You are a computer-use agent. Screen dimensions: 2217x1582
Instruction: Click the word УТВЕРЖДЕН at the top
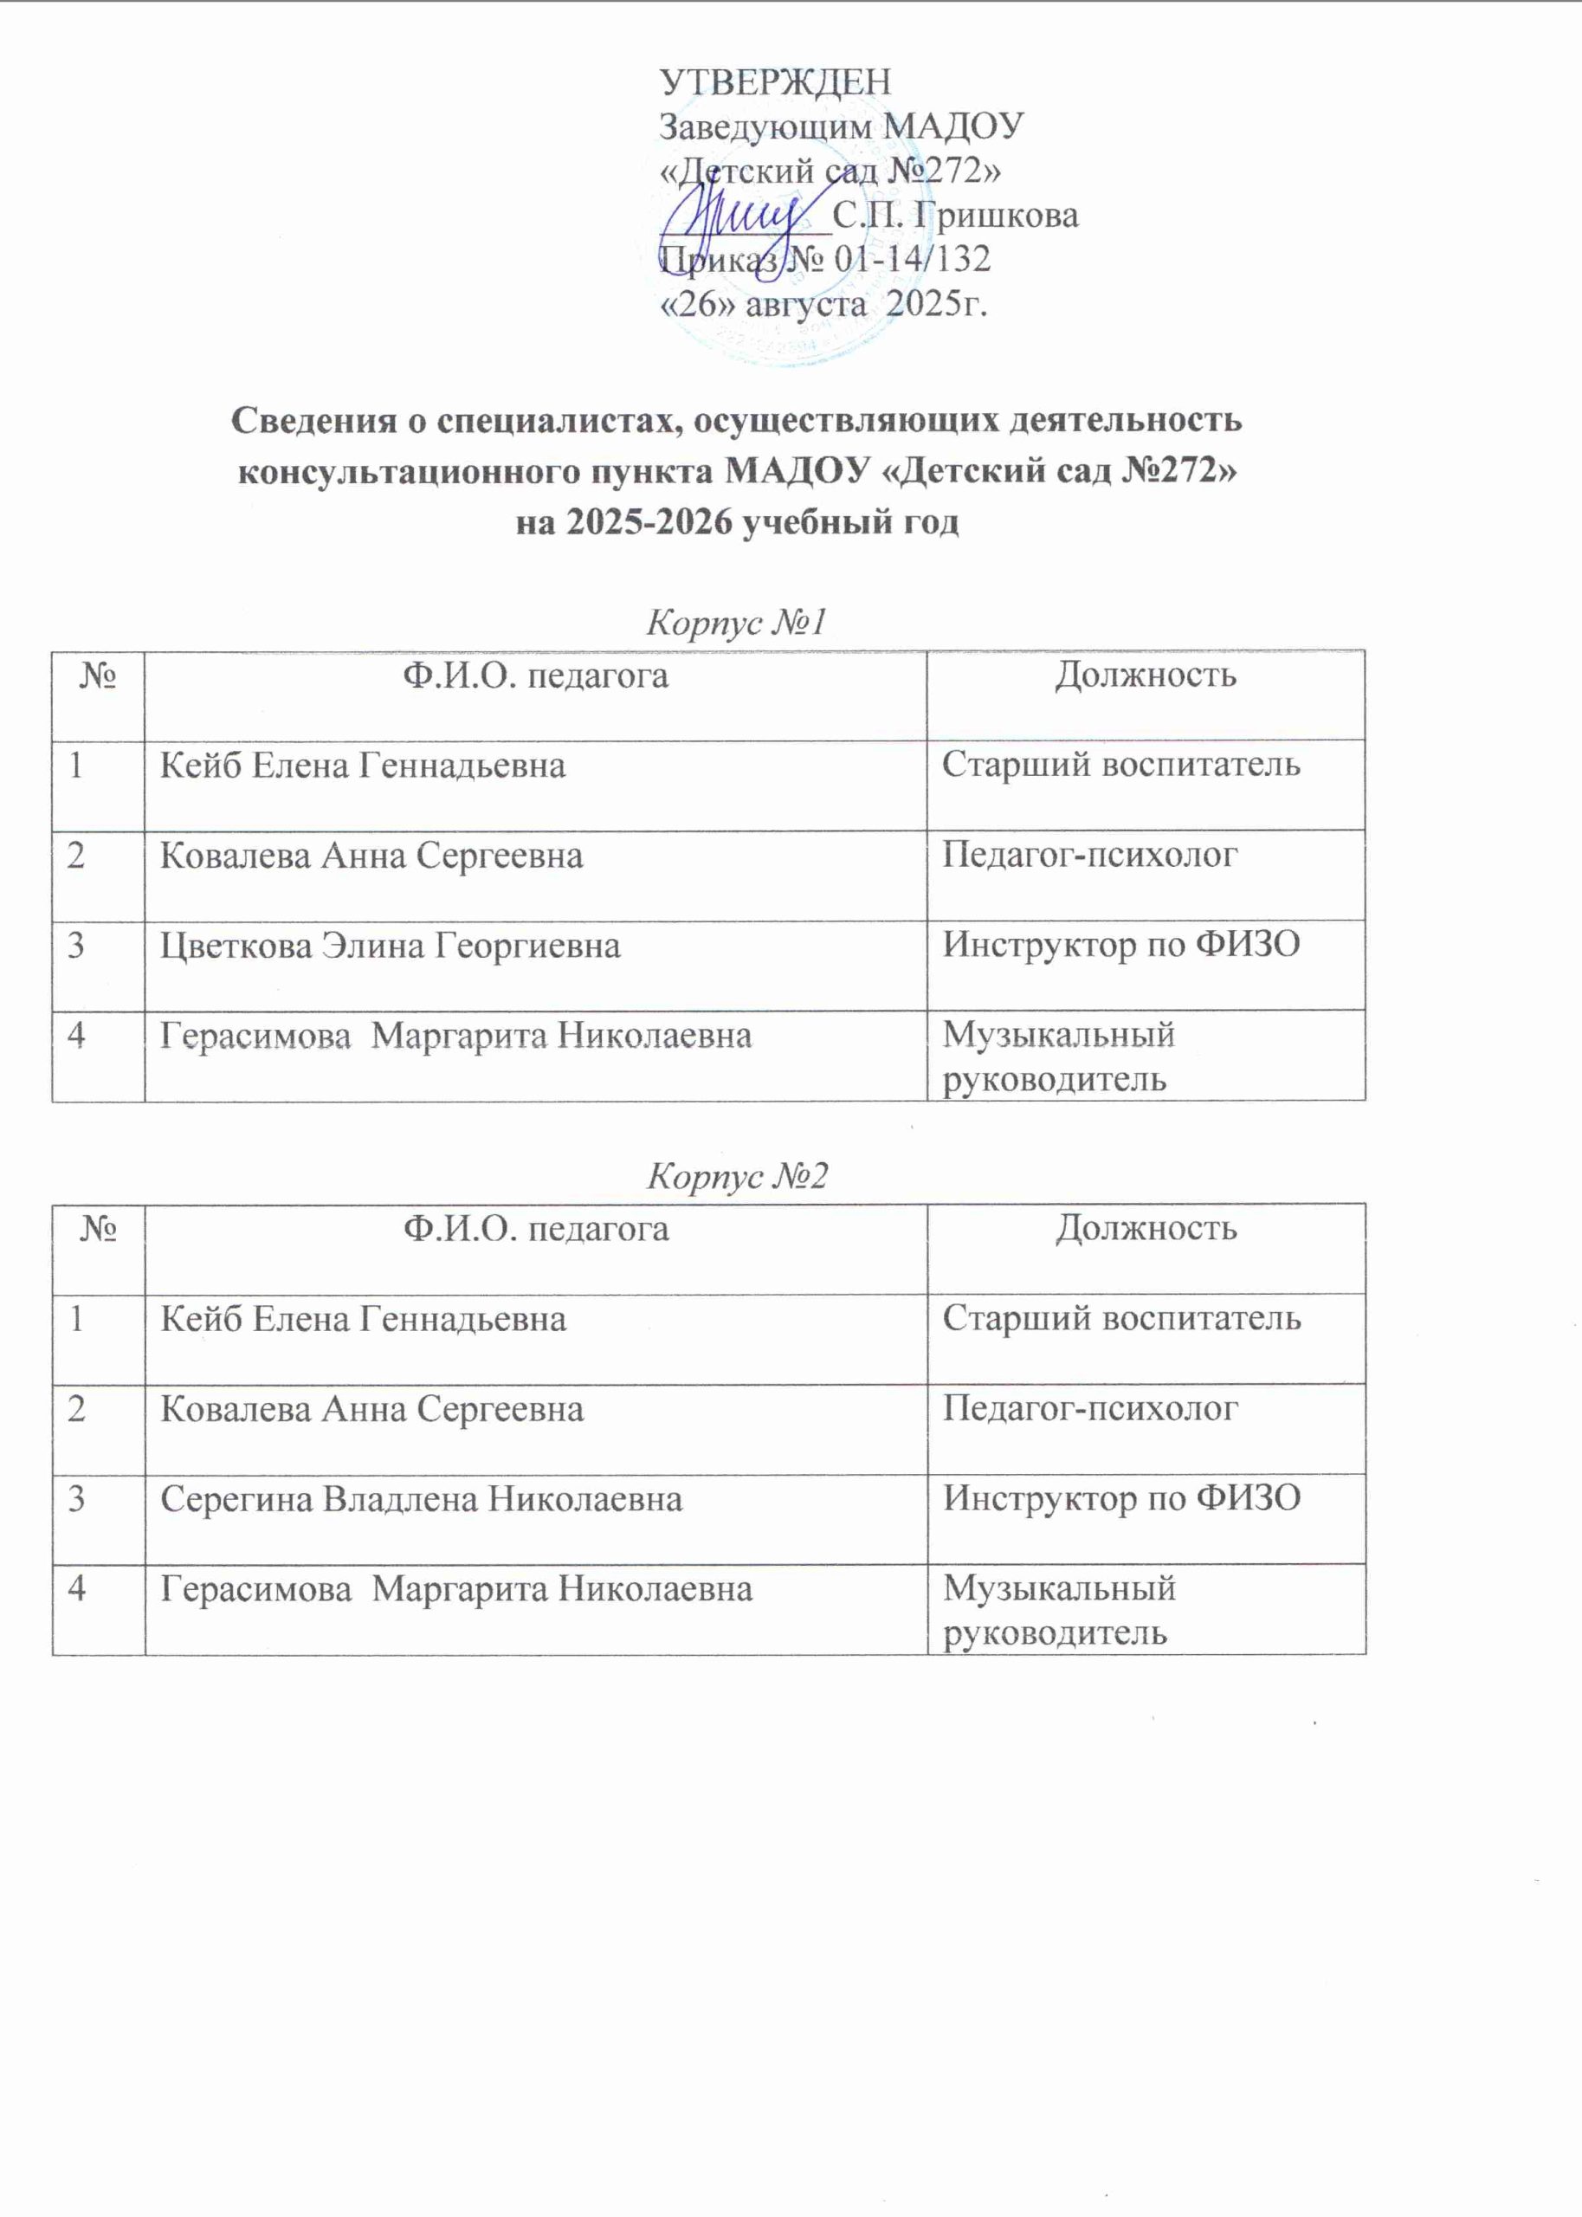pos(776,81)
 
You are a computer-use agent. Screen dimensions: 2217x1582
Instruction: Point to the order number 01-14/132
pos(913,259)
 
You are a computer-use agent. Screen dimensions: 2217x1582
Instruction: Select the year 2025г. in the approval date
pos(938,304)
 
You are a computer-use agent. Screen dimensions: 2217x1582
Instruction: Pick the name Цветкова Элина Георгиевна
pos(390,946)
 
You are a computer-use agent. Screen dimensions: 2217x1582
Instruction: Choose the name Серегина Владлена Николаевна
pos(421,1499)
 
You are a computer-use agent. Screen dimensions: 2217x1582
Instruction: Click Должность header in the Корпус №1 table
pos(1146,675)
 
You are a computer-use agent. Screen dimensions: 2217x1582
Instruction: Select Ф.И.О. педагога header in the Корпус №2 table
pos(536,1229)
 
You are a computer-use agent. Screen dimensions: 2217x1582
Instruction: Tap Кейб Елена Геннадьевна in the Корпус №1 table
pos(362,766)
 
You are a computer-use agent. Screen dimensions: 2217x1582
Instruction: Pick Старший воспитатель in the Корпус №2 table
pos(1121,1319)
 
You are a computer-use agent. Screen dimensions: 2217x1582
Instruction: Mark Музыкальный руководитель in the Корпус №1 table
pos(1059,1057)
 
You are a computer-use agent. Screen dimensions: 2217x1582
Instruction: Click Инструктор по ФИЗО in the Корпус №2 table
pos(1121,1499)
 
